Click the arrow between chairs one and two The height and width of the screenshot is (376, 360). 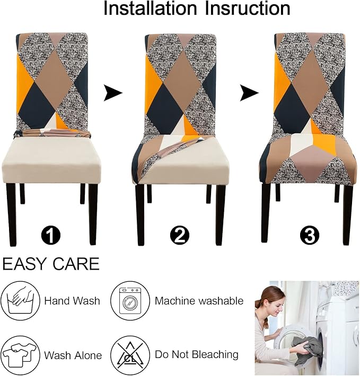[x=112, y=94]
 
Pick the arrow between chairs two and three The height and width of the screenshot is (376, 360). [x=248, y=94]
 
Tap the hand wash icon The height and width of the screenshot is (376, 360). [x=19, y=301]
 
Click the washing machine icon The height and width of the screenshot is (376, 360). [x=129, y=301]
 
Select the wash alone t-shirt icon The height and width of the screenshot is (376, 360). [x=19, y=354]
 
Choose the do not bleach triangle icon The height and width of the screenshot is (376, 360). [x=129, y=354]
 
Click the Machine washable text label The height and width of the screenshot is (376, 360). [x=199, y=301]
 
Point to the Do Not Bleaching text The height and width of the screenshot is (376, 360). [x=196, y=354]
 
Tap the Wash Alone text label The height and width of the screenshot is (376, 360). [x=73, y=355]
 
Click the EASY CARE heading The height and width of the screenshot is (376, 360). [x=51, y=264]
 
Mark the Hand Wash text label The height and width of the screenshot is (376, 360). [x=72, y=301]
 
